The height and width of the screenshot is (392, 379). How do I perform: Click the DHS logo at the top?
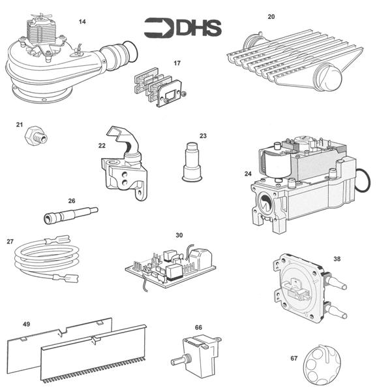tap(183, 27)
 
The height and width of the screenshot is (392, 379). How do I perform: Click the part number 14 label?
tap(82, 22)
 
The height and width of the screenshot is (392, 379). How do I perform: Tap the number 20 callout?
tap(271, 16)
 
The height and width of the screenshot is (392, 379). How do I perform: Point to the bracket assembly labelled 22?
tap(126, 166)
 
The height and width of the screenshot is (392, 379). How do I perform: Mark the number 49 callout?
tap(27, 323)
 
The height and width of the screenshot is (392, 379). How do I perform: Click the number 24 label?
tap(248, 174)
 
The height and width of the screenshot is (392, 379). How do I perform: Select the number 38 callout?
tap(337, 258)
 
